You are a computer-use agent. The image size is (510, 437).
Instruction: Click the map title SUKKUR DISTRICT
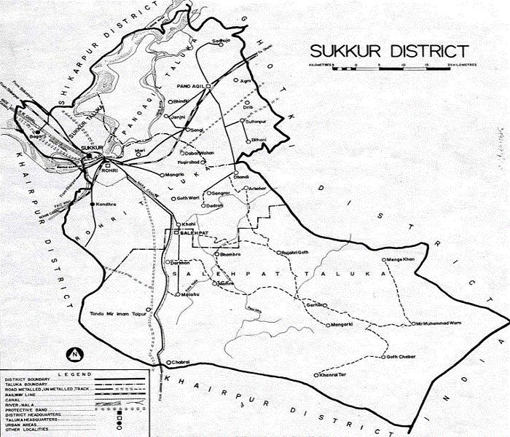click(x=388, y=51)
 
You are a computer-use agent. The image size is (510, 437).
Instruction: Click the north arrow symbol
click(x=75, y=355)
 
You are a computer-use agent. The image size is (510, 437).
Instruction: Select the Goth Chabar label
click(x=406, y=357)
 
